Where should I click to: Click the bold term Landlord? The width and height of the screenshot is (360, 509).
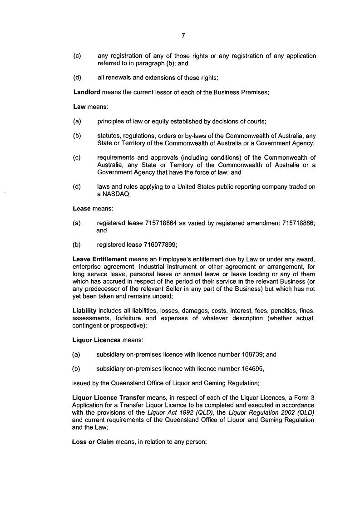[86, 92]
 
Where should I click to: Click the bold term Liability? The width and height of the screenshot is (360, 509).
[85, 311]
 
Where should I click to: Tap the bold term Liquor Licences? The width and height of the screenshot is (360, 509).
[96, 340]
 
